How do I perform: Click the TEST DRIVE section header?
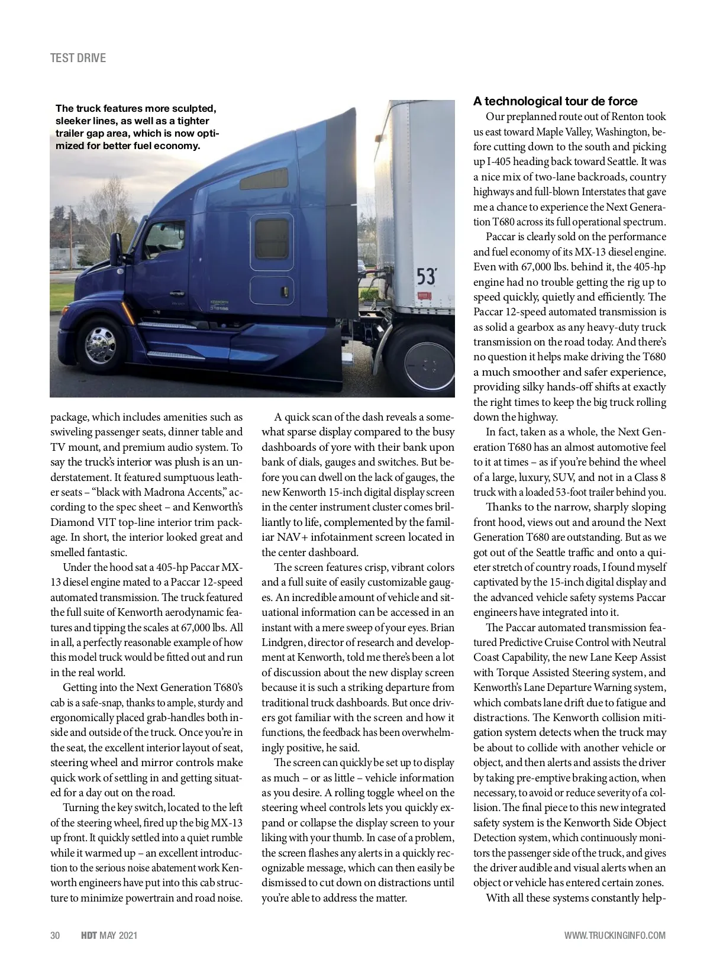pos(78,58)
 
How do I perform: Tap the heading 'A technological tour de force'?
pos(555,101)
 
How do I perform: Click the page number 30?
pos(55,935)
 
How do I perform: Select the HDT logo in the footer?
pos(89,935)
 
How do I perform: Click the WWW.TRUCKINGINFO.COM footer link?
pos(615,935)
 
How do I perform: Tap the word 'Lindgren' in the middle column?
pos(282,642)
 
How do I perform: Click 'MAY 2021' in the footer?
pos(118,935)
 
